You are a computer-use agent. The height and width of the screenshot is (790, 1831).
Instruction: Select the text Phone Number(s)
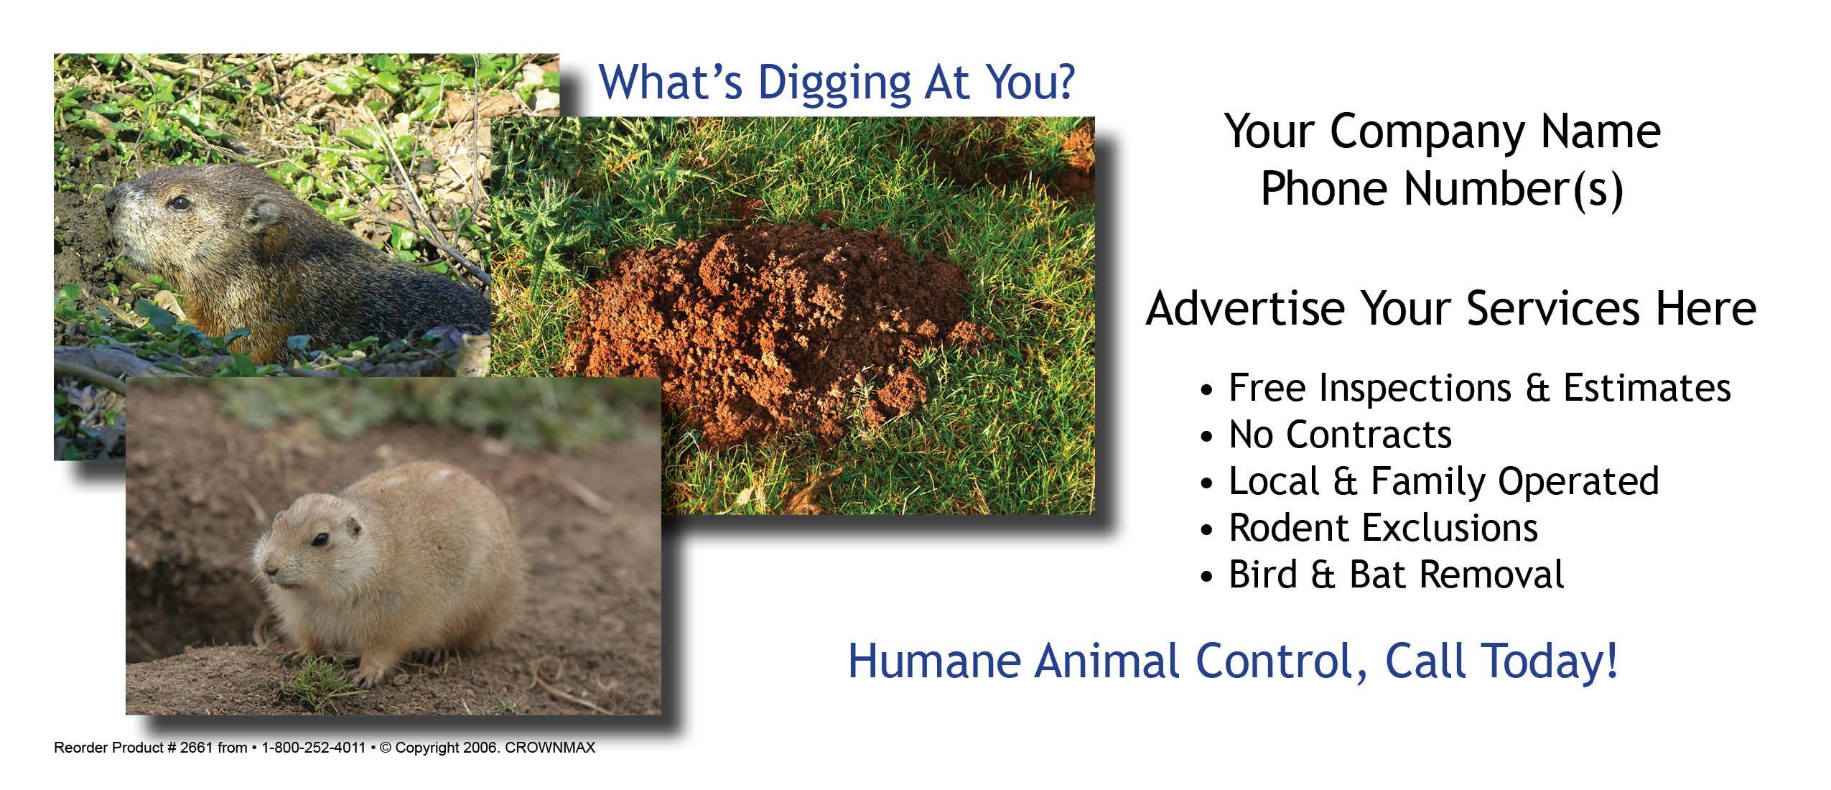(1442, 190)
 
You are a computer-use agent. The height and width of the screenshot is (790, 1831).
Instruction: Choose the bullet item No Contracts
(1340, 434)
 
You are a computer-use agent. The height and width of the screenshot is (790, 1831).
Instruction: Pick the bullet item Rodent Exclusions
(1383, 528)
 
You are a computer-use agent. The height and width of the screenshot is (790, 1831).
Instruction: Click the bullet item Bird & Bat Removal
(1396, 575)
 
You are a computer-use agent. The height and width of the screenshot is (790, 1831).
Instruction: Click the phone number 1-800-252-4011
(314, 748)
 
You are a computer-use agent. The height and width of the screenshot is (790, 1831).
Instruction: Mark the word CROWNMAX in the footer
(550, 748)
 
